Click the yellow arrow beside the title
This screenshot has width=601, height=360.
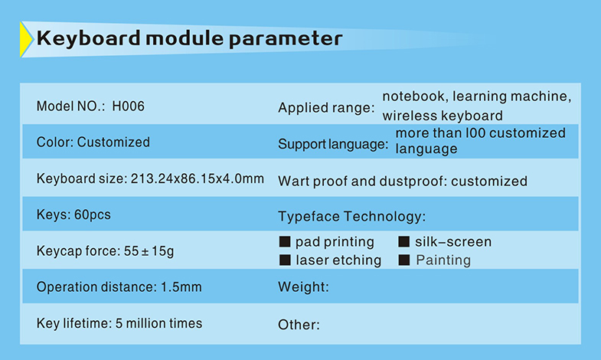click(26, 40)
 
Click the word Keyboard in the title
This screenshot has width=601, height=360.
click(89, 38)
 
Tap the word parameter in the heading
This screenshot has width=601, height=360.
click(286, 39)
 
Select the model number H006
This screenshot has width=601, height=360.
click(128, 106)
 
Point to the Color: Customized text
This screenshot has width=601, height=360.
click(93, 142)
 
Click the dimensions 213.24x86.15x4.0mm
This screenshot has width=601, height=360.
click(198, 178)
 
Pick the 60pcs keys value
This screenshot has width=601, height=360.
click(93, 214)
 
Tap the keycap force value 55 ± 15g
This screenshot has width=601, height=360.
click(149, 251)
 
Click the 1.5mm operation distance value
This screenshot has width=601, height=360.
click(181, 287)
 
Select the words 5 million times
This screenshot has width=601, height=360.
click(158, 323)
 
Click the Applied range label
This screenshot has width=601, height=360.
click(326, 108)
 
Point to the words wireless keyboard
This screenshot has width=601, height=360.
click(443, 116)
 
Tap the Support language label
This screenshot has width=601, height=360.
click(333, 144)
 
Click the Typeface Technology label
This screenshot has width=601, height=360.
click(352, 216)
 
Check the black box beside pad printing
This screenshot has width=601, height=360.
click(285, 241)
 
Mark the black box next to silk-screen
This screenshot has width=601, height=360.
click(404, 241)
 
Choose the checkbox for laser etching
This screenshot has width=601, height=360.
click(285, 260)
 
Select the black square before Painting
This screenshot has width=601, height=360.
click(404, 260)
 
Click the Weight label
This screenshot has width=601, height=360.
click(304, 286)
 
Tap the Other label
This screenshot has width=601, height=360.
click(299, 325)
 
